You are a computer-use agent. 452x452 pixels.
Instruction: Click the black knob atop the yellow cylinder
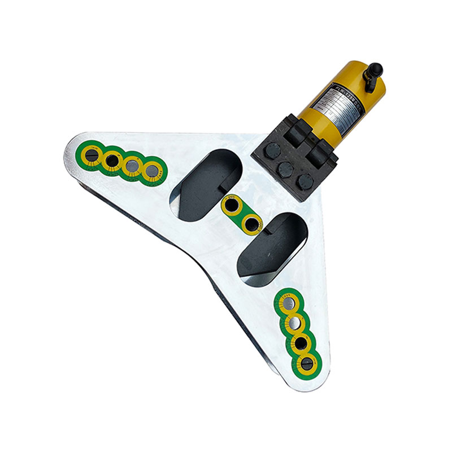[373, 72]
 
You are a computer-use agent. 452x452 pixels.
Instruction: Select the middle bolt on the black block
[286, 168]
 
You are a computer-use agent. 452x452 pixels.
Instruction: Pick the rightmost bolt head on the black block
[305, 181]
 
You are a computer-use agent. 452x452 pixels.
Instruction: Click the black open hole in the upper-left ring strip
[112, 161]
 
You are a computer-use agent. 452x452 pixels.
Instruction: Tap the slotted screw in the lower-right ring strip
[307, 364]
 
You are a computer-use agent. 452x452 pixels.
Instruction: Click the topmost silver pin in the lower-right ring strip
[288, 303]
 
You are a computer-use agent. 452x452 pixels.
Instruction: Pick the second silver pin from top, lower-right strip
[294, 323]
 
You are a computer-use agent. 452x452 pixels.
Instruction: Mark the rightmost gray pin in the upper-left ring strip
[152, 171]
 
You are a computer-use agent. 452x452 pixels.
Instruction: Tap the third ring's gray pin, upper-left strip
[132, 166]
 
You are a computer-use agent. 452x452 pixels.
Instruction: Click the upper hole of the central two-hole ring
[232, 205]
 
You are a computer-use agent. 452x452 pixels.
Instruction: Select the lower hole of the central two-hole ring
[251, 223]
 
